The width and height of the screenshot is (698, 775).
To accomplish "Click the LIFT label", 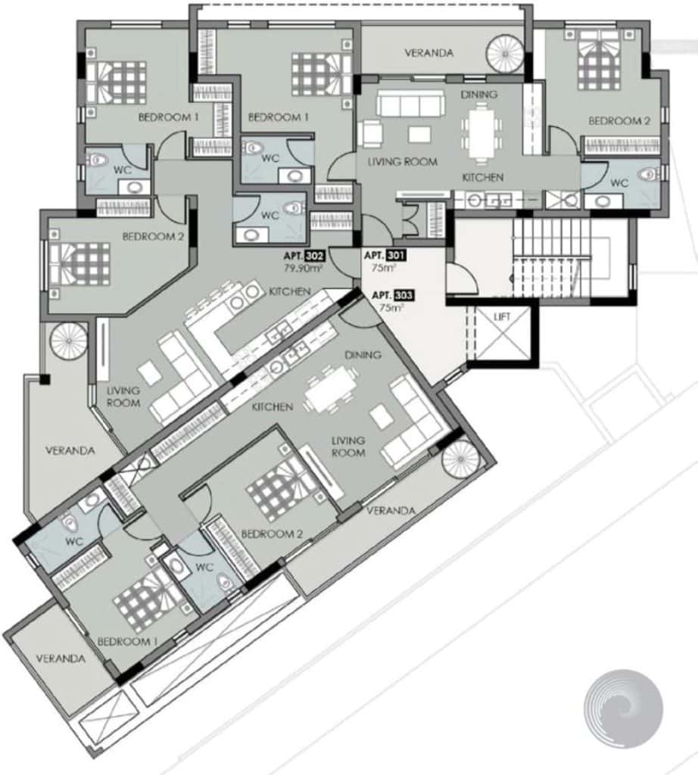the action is click(x=502, y=317).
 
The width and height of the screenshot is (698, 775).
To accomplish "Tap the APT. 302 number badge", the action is click(x=315, y=257).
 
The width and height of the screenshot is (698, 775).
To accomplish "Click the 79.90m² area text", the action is click(x=303, y=269).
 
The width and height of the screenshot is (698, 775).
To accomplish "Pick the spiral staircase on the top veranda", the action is click(x=505, y=54).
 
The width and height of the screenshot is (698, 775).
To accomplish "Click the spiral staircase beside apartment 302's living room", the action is click(x=69, y=341).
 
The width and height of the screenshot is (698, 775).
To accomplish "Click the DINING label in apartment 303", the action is click(x=363, y=355).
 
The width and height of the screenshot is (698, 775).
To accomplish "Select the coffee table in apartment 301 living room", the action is click(x=419, y=134).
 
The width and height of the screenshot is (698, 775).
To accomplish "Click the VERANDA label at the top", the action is click(x=429, y=53).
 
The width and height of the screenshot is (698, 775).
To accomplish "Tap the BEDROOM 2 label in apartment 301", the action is click(x=619, y=121).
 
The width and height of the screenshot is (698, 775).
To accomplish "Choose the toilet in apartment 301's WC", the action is click(x=649, y=174).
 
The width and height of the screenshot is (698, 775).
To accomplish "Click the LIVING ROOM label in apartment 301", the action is click(x=403, y=162).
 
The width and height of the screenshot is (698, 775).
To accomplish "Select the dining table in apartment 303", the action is click(x=331, y=391).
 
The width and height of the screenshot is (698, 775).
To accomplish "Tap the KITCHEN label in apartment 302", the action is click(x=290, y=291).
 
